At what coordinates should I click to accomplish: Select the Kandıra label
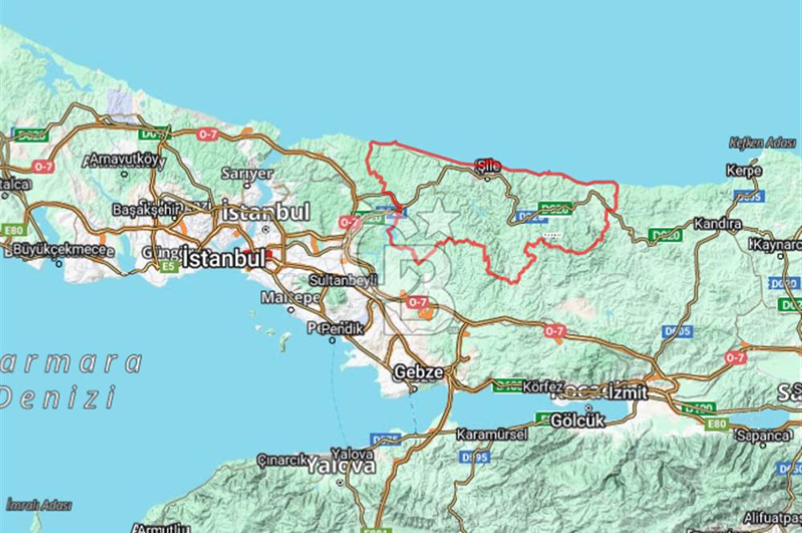point(717,224)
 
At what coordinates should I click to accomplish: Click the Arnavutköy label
point(124,159)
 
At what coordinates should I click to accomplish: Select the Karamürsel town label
point(491,434)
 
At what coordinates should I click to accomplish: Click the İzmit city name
point(628,392)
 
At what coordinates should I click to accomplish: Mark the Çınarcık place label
point(282,460)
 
